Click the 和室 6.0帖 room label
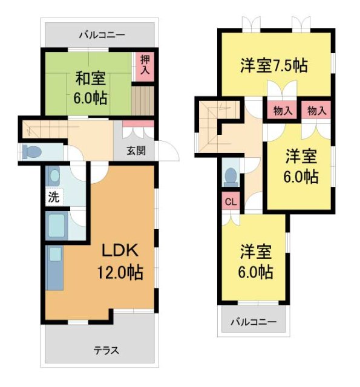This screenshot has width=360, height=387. click(91, 88)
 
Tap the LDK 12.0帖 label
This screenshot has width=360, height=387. click(120, 261)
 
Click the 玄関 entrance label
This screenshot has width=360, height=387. click(136, 151)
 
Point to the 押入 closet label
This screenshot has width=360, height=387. click(145, 65)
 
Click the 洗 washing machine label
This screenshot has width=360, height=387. click(53, 197)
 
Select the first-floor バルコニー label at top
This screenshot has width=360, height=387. click(102, 35)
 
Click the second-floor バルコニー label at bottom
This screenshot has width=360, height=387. click(253, 322)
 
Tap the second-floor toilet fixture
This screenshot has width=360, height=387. click(230, 175)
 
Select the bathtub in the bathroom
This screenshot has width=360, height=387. click(58, 226)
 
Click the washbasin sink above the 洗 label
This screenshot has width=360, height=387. click(55, 177)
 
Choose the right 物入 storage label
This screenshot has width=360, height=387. click(316, 111)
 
